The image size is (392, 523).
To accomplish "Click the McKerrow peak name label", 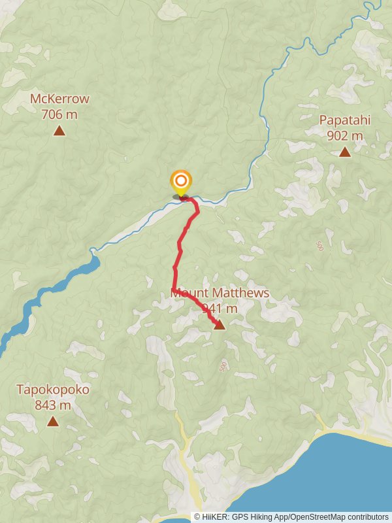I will (x=59, y=99).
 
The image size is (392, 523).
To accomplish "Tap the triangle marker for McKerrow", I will (x=59, y=131).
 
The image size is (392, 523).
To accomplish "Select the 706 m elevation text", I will (x=59, y=114).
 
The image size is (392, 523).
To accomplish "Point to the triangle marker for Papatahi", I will (x=344, y=152).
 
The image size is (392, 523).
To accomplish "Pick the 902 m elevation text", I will (x=344, y=136).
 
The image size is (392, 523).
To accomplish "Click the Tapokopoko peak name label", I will (x=53, y=390).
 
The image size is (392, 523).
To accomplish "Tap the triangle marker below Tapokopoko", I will (x=53, y=421).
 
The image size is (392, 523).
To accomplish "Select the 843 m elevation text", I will (x=53, y=405).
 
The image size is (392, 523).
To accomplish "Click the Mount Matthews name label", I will (x=220, y=293).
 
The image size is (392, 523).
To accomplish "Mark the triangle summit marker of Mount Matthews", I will (x=220, y=324).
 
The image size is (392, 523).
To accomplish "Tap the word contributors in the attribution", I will (x=367, y=517).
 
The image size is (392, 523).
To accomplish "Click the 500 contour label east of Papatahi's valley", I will (x=319, y=246).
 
